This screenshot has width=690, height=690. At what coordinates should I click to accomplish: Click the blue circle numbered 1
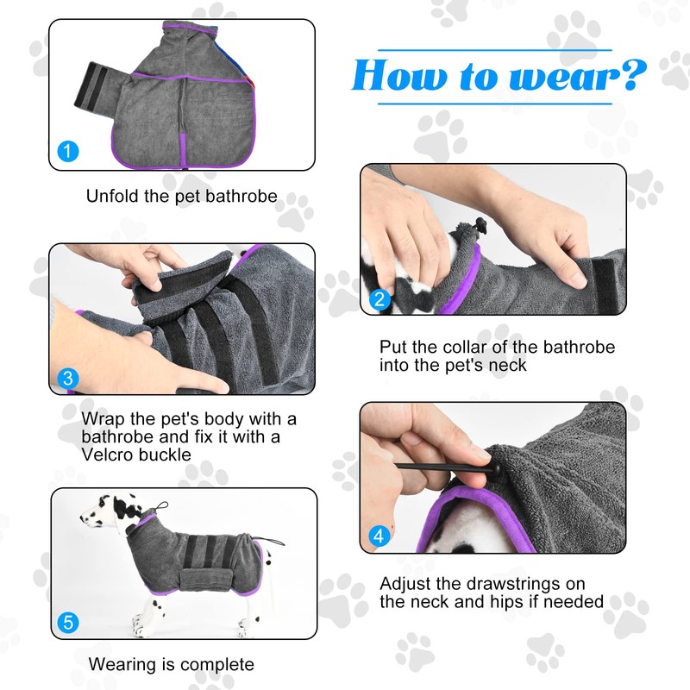68,152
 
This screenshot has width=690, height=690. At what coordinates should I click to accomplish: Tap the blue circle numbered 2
379,301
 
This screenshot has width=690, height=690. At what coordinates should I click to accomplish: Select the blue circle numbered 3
68,378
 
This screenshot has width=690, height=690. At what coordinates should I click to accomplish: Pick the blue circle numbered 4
379,536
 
